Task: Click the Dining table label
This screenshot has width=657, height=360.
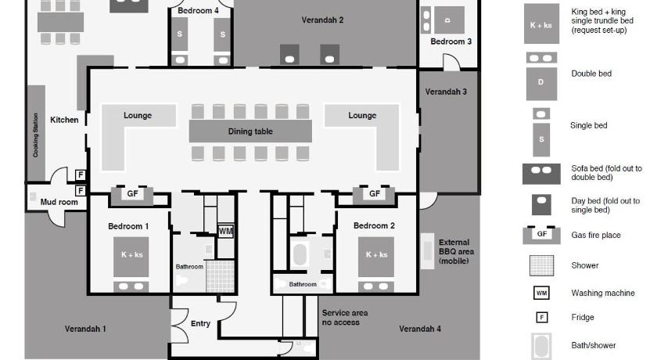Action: pos(250,131)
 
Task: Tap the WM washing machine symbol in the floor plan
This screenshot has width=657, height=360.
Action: pos(226,231)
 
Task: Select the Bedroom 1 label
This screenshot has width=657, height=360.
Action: pos(128,226)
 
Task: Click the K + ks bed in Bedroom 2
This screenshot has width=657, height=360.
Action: pos(376,257)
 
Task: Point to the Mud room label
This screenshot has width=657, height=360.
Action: pos(59,202)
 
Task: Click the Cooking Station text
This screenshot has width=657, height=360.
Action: pos(35,135)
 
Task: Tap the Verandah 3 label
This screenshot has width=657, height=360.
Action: pos(446,92)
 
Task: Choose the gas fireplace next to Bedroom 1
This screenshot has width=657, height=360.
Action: pos(132,195)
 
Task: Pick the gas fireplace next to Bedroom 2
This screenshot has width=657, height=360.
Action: pos(374,195)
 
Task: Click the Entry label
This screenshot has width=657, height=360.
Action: pos(200,323)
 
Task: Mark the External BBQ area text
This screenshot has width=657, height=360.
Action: pos(456,251)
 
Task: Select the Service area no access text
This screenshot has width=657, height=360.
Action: pos(344,317)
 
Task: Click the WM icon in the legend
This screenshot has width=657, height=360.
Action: pos(541,293)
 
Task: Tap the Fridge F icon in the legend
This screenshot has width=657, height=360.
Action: pos(542,317)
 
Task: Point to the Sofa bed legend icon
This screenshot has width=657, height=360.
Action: pos(541,174)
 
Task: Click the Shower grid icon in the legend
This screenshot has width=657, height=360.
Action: pos(541,265)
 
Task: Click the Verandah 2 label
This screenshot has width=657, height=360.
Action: pos(322,20)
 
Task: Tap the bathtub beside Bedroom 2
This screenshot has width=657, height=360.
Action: pos(300,254)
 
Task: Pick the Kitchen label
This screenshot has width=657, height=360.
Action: pos(64,120)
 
